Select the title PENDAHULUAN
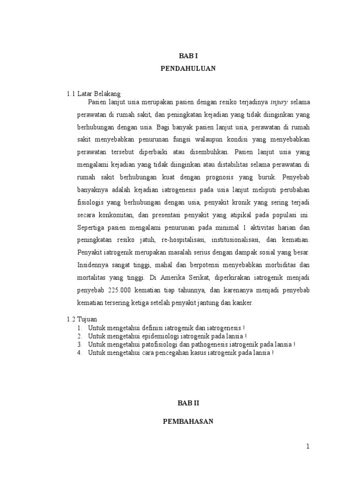187,68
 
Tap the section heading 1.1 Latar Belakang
94,94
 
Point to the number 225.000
118,291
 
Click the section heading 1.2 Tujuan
82,319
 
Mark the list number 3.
81,345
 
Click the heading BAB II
187,403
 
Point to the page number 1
308,447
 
